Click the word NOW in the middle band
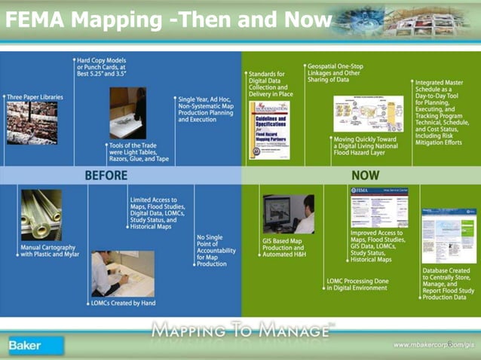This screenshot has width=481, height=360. point(366,175)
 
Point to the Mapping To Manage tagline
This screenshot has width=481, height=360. point(241,329)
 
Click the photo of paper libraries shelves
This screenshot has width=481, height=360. point(32,123)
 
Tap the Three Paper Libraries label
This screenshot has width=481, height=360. point(35,97)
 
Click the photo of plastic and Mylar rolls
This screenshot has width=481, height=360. point(41,215)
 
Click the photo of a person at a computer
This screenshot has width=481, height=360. point(289,214)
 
